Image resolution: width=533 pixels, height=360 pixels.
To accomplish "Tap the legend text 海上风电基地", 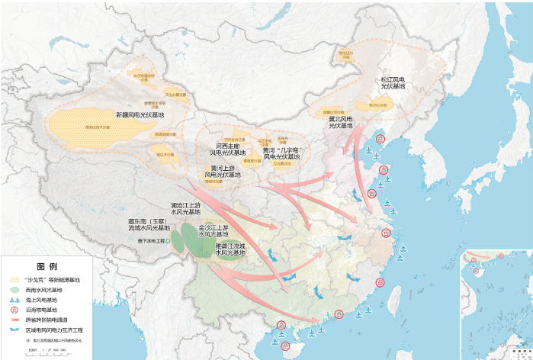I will coord(41,300).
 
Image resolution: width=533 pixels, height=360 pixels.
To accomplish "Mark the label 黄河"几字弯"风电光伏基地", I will coord(281,153).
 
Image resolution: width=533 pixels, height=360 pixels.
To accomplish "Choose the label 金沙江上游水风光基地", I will coord(213,230).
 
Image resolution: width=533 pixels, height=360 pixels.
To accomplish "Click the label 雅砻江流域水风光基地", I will coord(230,249).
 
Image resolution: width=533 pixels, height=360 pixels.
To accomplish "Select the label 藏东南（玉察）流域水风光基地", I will coord(147,225).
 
